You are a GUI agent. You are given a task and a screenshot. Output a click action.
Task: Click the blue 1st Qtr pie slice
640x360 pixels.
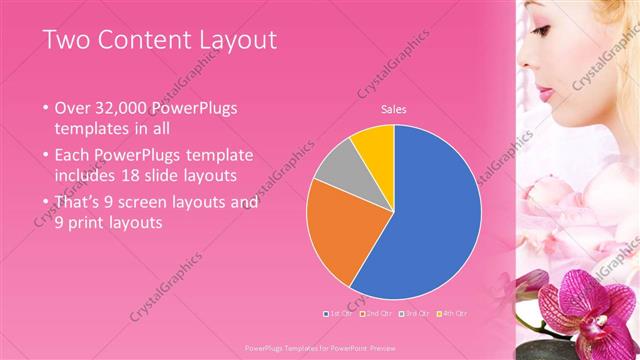tap(430, 220)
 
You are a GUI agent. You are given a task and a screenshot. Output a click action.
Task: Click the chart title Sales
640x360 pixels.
tap(393, 110)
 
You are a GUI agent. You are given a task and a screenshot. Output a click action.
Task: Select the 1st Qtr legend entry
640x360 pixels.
tap(337, 313)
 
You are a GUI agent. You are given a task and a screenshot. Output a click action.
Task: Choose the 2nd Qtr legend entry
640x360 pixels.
tap(374, 313)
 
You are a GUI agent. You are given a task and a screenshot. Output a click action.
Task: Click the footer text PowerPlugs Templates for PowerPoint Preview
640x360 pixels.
tap(319, 348)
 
